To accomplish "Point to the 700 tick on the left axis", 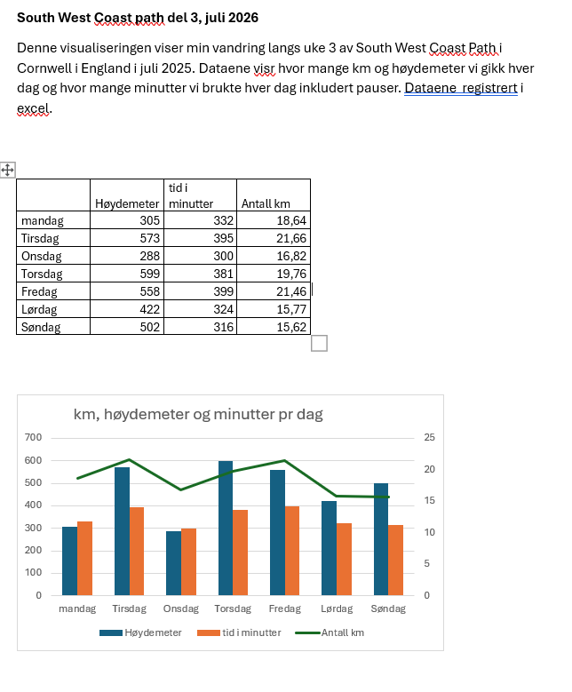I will click(x=33, y=437).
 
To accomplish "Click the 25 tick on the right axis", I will click(x=430, y=437).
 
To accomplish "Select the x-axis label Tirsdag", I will click(x=129, y=609).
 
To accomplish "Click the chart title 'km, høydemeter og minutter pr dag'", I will click(x=198, y=414).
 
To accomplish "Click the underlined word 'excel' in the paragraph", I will click(x=34, y=108).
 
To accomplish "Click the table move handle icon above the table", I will click(x=7, y=169).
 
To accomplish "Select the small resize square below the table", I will click(x=319, y=343).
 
